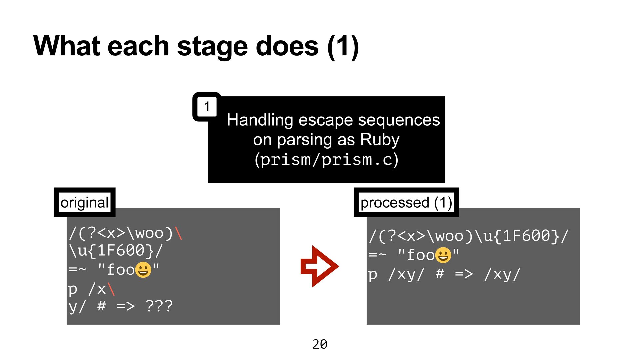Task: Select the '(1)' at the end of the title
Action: tap(343, 47)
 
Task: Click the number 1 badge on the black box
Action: tap(207, 107)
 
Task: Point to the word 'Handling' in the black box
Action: tap(260, 120)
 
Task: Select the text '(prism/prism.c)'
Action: tap(326, 159)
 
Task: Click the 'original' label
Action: tap(85, 202)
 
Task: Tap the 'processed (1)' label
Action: tap(406, 202)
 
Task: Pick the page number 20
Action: tap(320, 344)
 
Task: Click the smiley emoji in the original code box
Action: tap(143, 270)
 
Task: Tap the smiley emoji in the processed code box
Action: tap(443, 255)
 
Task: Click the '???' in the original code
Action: tap(159, 306)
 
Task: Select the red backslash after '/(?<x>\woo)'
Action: tap(178, 233)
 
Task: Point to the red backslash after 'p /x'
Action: tap(111, 289)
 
